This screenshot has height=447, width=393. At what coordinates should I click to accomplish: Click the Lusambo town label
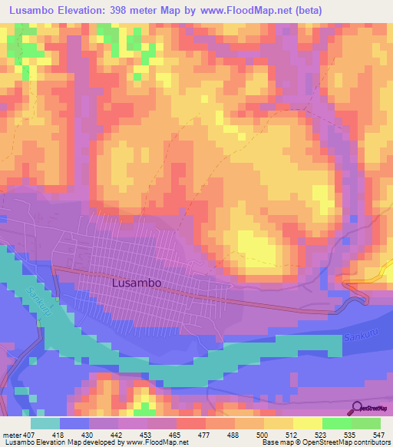pyautogui.click(x=136, y=283)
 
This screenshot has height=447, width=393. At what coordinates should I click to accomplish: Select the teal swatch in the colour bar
pyautogui.click(x=45, y=423)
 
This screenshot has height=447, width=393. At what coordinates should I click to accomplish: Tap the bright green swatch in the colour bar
pyautogui.click(x=337, y=423)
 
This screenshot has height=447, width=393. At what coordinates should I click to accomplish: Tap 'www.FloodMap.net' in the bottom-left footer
pyautogui.click(x=160, y=442)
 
